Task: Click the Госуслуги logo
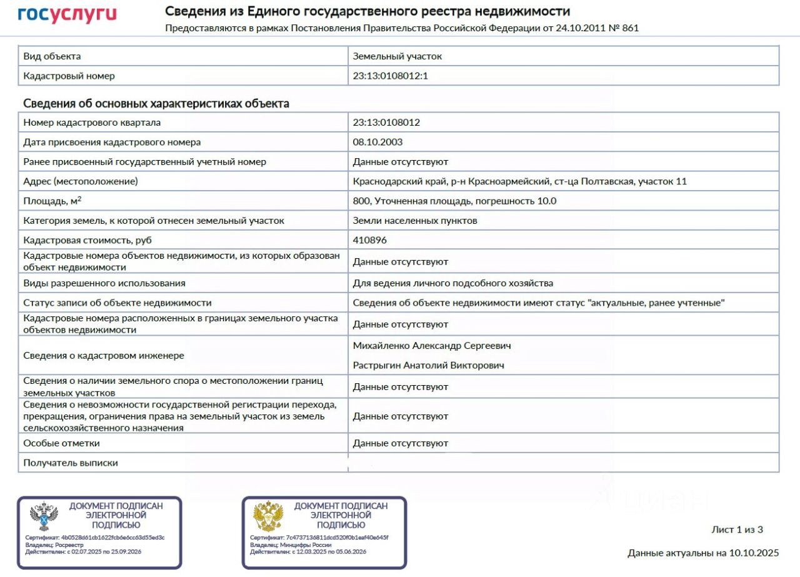tap(67, 14)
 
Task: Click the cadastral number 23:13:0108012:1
tap(390, 76)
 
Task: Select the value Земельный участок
tap(397, 56)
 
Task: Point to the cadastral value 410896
tap(369, 240)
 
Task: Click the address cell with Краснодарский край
tap(519, 181)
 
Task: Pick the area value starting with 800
tap(454, 201)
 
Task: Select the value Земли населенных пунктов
tap(415, 220)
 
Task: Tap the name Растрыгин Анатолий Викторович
tap(428, 365)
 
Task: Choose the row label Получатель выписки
tap(71, 463)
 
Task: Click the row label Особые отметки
tap(61, 443)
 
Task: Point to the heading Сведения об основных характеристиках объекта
tap(156, 103)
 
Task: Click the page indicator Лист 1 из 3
tap(737, 529)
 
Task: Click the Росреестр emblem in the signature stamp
tap(44, 517)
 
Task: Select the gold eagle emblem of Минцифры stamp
tap(268, 517)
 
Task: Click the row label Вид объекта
tap(52, 56)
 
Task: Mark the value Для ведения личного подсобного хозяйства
tap(452, 283)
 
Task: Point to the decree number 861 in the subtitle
tap(631, 28)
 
